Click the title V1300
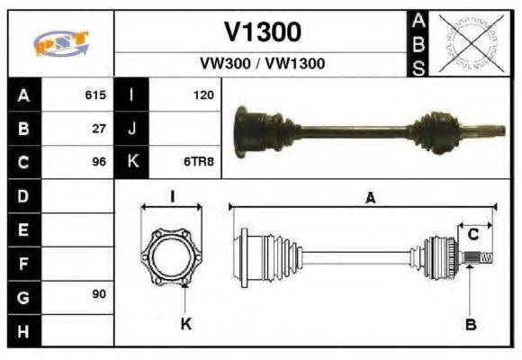262,32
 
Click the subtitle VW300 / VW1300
262,64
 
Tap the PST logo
59,42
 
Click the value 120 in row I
202,94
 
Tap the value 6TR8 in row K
200,162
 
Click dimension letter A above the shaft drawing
369,199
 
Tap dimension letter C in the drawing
472,235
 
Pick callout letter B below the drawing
470,324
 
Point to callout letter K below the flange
186,324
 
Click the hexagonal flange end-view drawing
172,257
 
